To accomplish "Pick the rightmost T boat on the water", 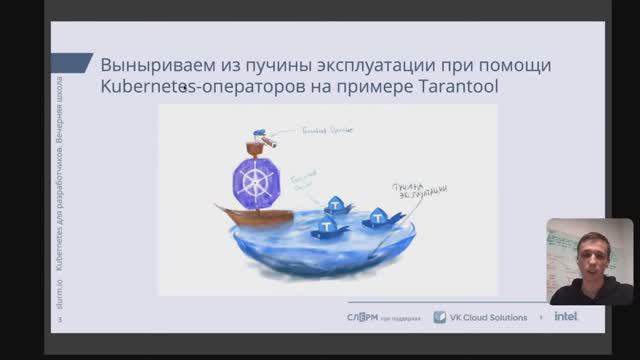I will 378,216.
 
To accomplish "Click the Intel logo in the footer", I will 566,317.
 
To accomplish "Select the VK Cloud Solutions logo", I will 480,317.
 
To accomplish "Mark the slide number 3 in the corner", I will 59,319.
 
